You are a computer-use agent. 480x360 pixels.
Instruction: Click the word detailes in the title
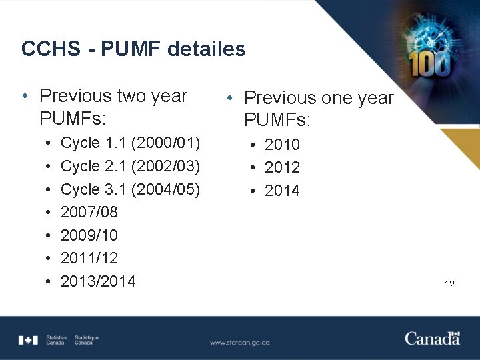coord(207,49)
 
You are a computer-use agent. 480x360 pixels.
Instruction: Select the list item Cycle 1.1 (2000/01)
coord(130,142)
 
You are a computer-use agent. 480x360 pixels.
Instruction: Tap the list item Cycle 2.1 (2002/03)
coord(130,165)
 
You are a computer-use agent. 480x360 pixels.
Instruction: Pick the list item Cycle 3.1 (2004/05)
coord(130,189)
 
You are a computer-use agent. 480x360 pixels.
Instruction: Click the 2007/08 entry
coord(89,212)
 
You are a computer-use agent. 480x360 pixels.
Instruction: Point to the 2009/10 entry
coord(89,235)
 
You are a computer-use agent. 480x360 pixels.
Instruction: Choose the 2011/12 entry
coord(89,258)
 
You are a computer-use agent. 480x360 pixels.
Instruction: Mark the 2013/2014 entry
coord(98,281)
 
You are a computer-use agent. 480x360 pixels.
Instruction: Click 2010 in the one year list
coord(282,145)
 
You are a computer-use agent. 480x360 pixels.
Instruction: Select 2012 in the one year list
coord(282,167)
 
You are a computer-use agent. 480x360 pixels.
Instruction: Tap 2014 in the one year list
coord(282,191)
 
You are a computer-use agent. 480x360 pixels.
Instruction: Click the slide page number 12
coord(449,284)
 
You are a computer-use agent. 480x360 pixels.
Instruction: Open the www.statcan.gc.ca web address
coord(239,342)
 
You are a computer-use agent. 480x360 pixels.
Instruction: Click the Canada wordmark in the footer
coord(432,338)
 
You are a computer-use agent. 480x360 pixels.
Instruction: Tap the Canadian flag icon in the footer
coord(29,340)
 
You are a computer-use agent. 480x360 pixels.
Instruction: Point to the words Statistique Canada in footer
coord(87,340)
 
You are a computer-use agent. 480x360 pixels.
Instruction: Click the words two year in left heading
coord(151,96)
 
